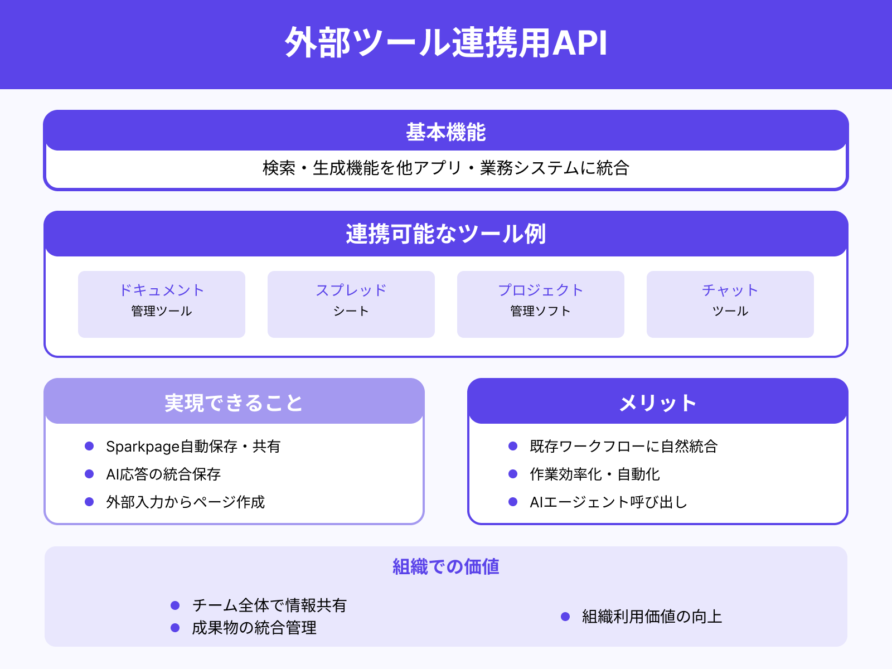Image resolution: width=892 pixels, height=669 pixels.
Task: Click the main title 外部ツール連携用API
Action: [446, 43]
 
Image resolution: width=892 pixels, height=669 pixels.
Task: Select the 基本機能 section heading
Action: [446, 132]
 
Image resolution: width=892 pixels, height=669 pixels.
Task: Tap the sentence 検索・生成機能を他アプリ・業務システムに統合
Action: [446, 168]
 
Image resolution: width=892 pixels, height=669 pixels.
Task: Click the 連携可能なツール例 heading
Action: [446, 234]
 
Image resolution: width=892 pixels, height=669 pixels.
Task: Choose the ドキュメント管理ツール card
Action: [162, 304]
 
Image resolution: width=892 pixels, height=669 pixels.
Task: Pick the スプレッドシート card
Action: [351, 304]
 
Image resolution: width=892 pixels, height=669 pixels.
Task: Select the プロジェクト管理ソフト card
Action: [541, 304]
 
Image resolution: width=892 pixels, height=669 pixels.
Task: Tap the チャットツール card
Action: [730, 304]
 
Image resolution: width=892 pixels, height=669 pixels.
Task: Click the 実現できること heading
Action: [234, 403]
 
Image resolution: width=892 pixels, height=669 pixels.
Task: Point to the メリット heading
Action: [658, 403]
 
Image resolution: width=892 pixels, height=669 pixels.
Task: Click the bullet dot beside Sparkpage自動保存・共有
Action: [89, 446]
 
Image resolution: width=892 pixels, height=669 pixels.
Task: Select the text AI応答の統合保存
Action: [163, 474]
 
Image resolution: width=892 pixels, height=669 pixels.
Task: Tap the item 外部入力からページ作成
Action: [185, 502]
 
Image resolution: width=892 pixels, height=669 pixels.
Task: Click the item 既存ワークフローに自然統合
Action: [623, 446]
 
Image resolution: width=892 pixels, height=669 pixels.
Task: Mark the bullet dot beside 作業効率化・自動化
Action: [513, 474]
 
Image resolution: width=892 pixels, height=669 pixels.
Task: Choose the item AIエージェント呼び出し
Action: [608, 502]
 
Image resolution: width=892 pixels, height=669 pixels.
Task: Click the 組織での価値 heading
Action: [446, 566]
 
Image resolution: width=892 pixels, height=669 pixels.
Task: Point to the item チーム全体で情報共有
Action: [269, 605]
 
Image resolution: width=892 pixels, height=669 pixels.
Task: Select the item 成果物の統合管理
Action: [254, 628]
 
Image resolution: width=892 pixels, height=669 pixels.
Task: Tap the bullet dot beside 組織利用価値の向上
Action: [565, 617]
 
